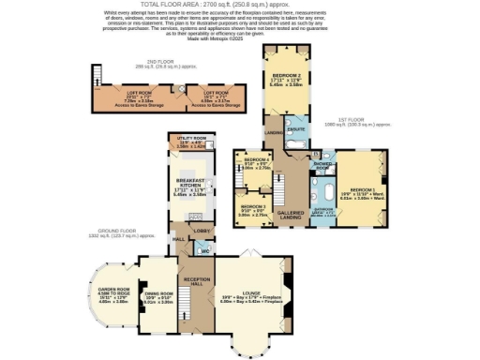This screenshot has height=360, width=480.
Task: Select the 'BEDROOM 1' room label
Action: click(x=360, y=189)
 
